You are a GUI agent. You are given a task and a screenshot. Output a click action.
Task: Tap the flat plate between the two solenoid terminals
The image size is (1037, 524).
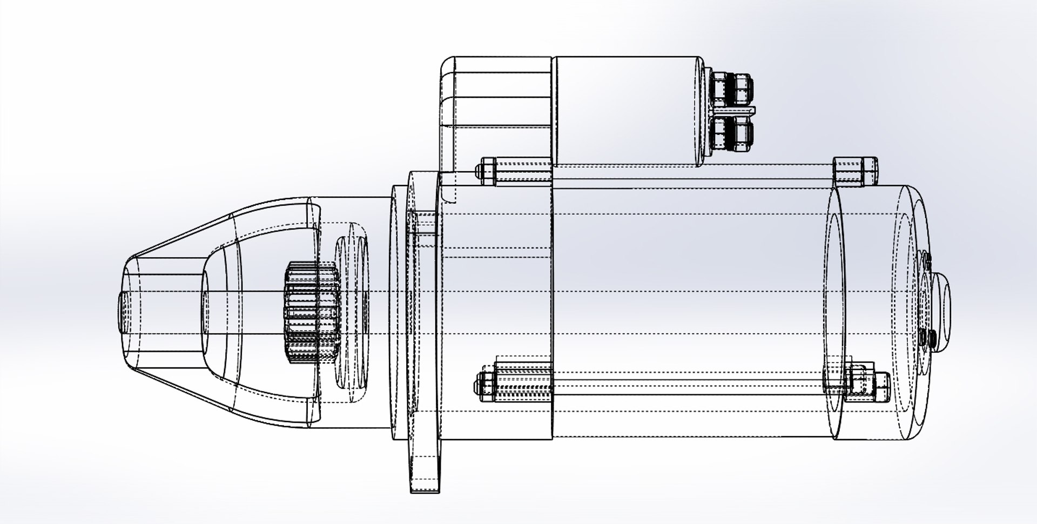735,111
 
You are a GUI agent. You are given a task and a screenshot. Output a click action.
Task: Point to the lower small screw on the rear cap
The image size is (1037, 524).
926,338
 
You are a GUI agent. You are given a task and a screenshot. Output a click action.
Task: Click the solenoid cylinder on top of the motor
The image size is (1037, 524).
627,111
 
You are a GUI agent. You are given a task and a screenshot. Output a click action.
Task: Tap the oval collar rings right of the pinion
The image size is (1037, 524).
351,313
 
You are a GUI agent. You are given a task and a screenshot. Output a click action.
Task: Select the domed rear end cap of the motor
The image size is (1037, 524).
891,313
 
